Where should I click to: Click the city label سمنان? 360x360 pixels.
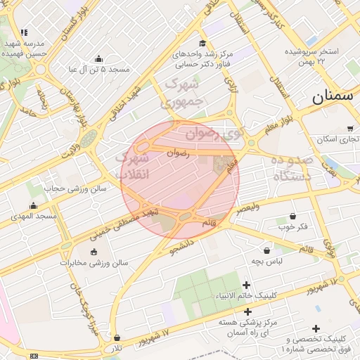(x=332, y=97)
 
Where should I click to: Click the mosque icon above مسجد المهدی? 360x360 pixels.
(x=33, y=206)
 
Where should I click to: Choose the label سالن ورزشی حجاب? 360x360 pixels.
(x=75, y=188)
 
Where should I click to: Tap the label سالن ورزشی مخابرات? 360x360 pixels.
(x=94, y=263)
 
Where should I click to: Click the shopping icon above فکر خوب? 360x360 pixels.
(x=292, y=216)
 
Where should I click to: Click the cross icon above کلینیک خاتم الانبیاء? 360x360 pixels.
(x=246, y=285)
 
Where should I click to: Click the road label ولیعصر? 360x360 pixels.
(x=247, y=207)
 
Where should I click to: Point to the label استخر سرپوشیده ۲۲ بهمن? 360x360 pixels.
(x=311, y=56)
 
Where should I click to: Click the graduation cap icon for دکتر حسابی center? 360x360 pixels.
(x=203, y=44)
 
